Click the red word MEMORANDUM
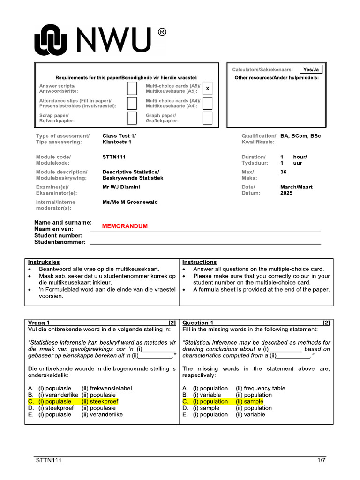125,226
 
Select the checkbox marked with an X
208,88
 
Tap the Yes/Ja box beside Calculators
311,69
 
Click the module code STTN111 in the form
114,157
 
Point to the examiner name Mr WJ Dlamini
121,187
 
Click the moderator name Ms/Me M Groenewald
130,202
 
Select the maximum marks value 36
284,172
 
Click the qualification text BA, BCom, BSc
300,136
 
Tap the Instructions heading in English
199,262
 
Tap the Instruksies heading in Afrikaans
44,262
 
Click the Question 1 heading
198,322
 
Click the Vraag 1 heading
39,322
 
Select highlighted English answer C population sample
223,401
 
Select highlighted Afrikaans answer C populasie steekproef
73,401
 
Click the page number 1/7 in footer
321,460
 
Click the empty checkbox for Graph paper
208,118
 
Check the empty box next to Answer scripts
132,88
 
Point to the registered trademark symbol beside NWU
161,32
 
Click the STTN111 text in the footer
49,460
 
